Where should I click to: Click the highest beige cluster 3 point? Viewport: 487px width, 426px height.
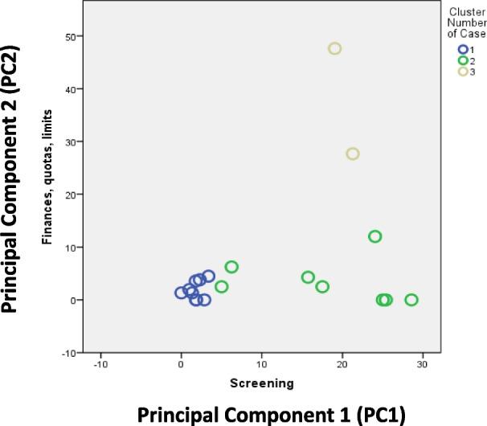click(x=335, y=49)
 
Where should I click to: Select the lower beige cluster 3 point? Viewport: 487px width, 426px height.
click(x=352, y=154)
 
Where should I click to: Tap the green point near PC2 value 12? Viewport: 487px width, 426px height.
click(x=374, y=236)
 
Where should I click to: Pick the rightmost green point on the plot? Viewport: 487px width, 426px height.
click(x=411, y=300)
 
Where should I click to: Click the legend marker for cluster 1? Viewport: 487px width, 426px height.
click(x=453, y=50)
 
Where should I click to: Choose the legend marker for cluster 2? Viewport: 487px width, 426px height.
click(x=453, y=60)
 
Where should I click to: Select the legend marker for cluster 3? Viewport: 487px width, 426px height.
click(x=453, y=71)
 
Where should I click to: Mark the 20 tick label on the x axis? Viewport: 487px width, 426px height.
click(x=342, y=364)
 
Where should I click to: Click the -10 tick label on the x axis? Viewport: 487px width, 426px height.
click(x=100, y=364)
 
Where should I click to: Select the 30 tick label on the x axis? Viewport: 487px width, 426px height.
click(x=422, y=364)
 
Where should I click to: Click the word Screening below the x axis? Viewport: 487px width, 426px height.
click(x=261, y=383)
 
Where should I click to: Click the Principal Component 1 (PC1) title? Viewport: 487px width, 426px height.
click(x=272, y=413)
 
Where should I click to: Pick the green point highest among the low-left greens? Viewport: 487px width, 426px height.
click(x=231, y=267)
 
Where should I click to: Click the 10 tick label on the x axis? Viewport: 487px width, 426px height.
click(x=261, y=364)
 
